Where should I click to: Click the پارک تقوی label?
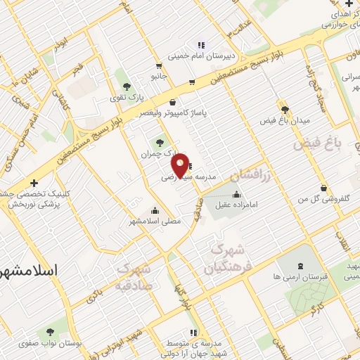click(x=127, y=96)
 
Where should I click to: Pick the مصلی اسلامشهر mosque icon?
click(x=155, y=210)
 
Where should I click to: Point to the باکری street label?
click(x=98, y=295)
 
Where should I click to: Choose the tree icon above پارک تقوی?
click(x=126, y=86)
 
